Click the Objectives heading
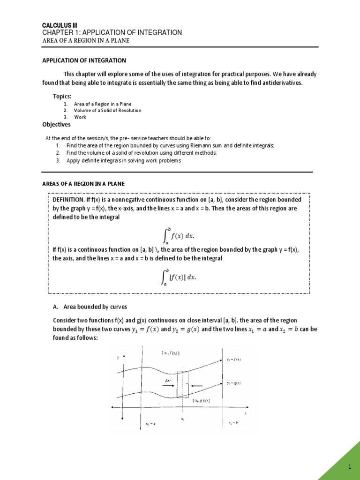point(57,125)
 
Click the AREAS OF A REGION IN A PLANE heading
point(83,183)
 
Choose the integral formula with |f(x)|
point(179,277)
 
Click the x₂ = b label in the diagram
point(232,422)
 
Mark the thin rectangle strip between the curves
point(182,384)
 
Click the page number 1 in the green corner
point(349,468)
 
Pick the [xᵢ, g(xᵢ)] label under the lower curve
point(201,400)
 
